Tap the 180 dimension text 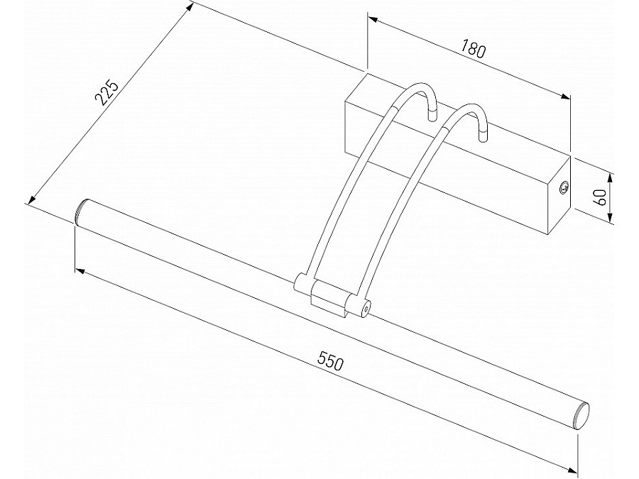473,50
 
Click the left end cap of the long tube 81,211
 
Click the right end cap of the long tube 581,415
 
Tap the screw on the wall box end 564,188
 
